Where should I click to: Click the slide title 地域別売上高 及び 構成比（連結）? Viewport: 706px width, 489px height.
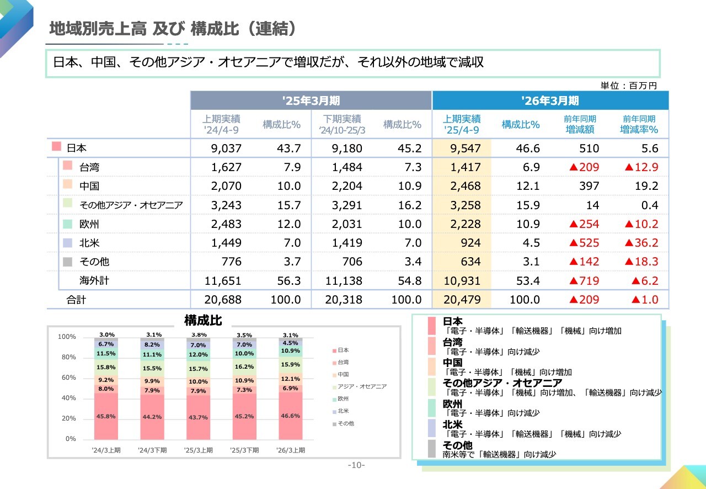[173, 29]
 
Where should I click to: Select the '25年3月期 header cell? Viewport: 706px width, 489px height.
[311, 100]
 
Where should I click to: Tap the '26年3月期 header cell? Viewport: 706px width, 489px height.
[550, 100]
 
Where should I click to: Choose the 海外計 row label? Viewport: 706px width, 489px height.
[94, 280]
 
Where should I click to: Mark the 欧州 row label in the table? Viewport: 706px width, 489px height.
[89, 224]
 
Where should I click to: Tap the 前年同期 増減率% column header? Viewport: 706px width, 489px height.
[639, 125]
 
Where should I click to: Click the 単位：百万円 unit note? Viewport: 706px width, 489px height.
[629, 86]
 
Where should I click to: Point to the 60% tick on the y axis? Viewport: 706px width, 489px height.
[68, 378]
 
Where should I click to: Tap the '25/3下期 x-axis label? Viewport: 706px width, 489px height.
[244, 450]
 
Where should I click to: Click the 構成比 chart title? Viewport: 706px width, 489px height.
[203, 321]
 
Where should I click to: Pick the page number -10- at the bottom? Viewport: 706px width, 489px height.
[356, 465]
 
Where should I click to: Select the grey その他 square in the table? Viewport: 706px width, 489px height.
[67, 262]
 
